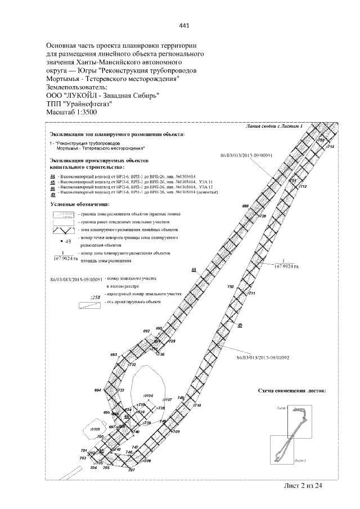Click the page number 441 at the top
(x=184, y=25)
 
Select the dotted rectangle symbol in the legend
(x=62, y=215)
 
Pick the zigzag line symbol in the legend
(x=62, y=231)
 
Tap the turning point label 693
(x=114, y=355)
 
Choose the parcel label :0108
(x=94, y=429)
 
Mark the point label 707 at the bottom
(x=132, y=470)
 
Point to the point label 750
(x=230, y=287)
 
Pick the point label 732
(x=133, y=365)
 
